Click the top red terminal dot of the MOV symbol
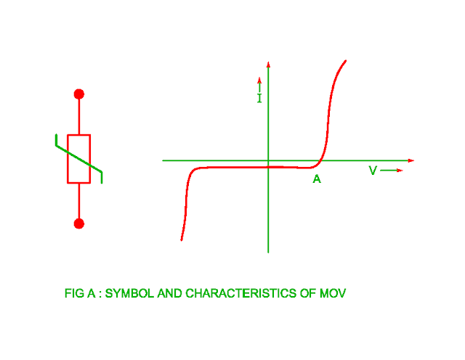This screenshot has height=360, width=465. [x=79, y=94]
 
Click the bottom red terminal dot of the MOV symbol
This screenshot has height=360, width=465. [x=79, y=224]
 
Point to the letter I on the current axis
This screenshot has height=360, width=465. [x=259, y=98]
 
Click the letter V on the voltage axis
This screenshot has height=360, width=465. [x=373, y=171]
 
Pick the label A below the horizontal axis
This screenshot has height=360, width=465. [x=317, y=179]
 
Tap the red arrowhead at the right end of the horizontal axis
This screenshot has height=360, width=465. [x=411, y=160]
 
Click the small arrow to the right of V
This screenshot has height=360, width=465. [x=392, y=171]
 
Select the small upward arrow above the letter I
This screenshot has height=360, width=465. [x=259, y=82]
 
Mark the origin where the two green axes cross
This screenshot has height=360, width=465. [x=269, y=160]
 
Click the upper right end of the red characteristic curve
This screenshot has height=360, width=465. [x=345, y=61]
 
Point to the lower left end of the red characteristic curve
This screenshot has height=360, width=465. [x=181, y=240]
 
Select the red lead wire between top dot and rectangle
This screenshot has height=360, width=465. [x=79, y=116]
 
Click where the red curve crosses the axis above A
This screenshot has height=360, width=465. [x=321, y=160]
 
